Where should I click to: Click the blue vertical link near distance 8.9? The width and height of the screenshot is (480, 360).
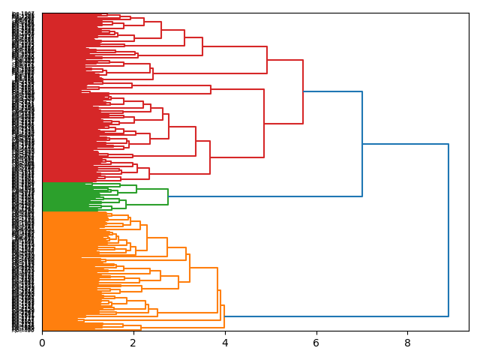click(x=448, y=225)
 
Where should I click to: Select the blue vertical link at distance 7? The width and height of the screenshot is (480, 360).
click(x=362, y=142)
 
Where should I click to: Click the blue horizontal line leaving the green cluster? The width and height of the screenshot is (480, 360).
click(x=262, y=196)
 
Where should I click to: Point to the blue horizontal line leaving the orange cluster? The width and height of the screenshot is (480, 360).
click(x=337, y=316)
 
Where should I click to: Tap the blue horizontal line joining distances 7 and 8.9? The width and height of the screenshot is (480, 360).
click(x=405, y=144)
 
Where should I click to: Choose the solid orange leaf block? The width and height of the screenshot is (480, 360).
click(x=60, y=270)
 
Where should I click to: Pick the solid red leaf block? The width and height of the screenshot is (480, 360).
click(x=60, y=97)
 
